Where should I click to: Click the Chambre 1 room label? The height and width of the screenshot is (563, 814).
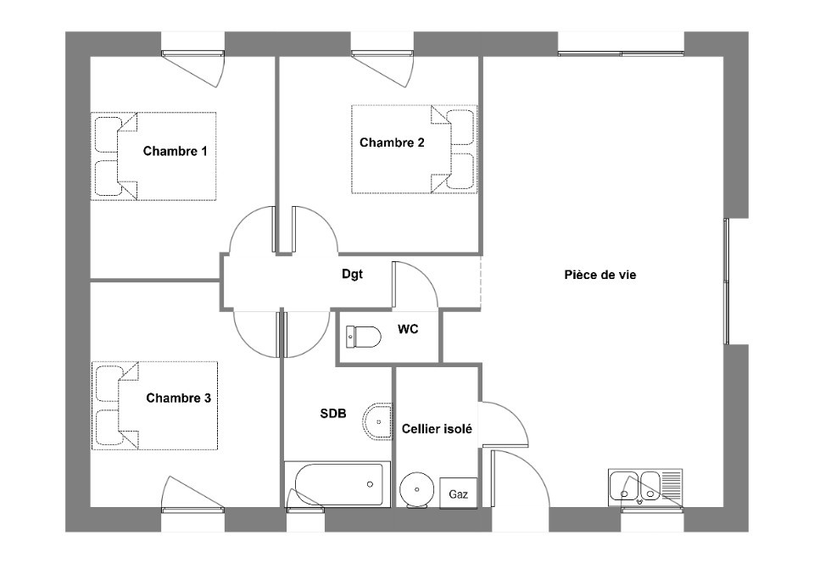coord(176,152)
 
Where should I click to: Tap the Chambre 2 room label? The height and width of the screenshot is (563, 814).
coord(392,142)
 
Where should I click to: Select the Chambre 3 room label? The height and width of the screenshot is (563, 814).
coord(178,398)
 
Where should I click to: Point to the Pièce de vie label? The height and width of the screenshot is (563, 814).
coord(600,275)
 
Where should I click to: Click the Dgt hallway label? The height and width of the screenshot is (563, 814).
coord(352,274)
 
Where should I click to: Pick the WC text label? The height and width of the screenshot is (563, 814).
coord(408,329)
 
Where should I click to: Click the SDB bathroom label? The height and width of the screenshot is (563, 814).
coord(332,413)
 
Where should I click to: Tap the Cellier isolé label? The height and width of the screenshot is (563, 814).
coord(437,429)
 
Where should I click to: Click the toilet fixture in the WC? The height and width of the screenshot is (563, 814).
coord(363,337)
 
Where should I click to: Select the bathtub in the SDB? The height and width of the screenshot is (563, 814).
coord(337,485)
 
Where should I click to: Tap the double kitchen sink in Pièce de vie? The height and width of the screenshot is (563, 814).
coord(644,486)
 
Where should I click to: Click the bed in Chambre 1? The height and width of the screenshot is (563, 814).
coord(153,156)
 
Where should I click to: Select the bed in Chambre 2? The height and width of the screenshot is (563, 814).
coord(414,149)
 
